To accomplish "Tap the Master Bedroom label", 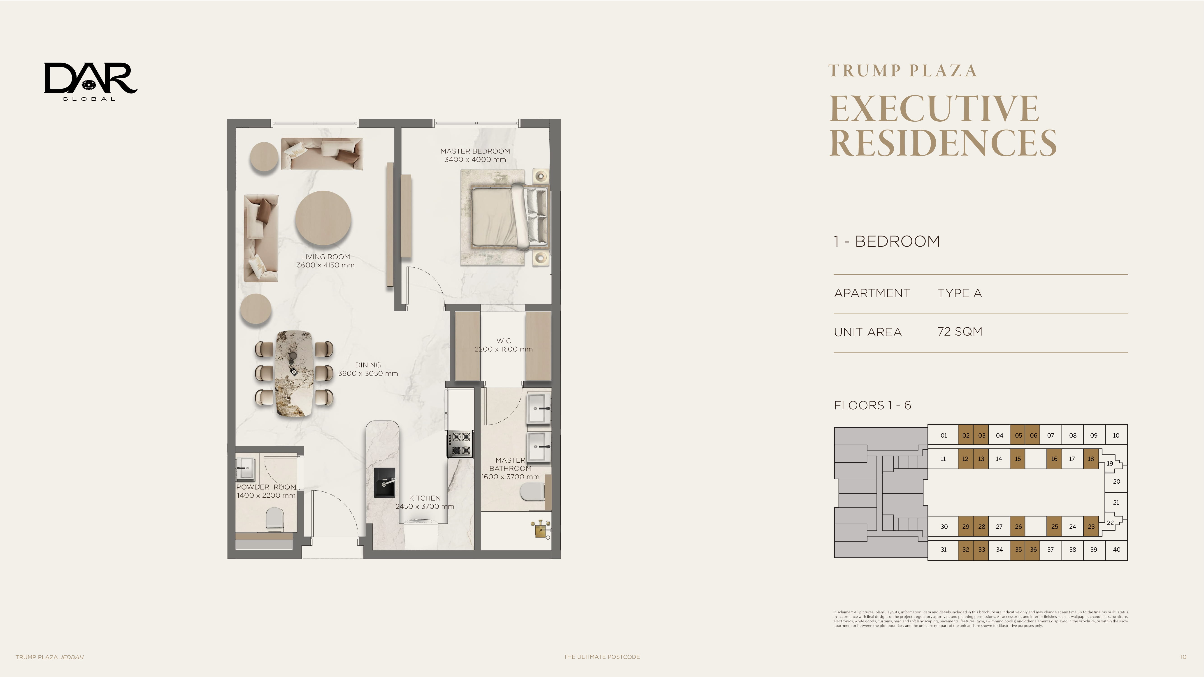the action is pyautogui.click(x=475, y=151).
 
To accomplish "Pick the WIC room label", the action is pyautogui.click(x=503, y=341).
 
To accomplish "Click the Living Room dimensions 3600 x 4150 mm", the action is pyautogui.click(x=325, y=265).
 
